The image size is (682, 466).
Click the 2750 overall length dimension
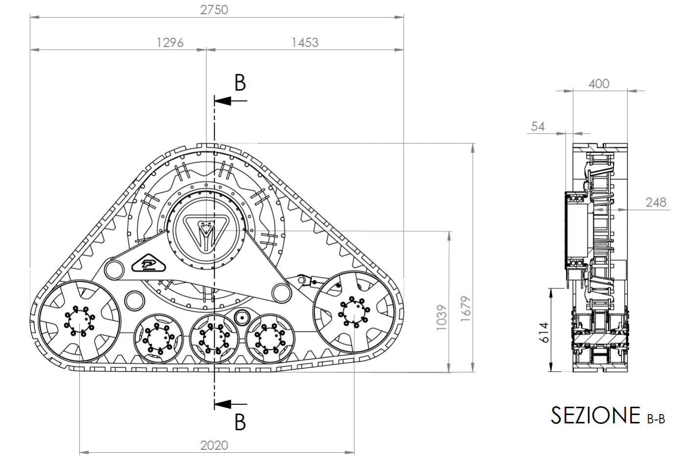(x=214, y=10)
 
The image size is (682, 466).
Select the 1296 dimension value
(x=170, y=43)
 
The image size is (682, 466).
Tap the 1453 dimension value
(x=305, y=43)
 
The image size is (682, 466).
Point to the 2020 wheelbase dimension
(x=214, y=445)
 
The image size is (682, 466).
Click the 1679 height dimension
(x=466, y=308)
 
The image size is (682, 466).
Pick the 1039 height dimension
(x=441, y=317)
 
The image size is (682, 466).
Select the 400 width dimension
(x=598, y=84)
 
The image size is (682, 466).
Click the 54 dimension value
(x=538, y=126)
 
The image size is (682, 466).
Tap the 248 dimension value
(x=656, y=203)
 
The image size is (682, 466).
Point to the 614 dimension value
(x=544, y=332)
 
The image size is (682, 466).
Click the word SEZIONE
(x=595, y=415)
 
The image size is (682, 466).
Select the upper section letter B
(x=240, y=83)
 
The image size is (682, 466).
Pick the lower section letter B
(x=240, y=422)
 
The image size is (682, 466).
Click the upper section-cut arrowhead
(x=223, y=101)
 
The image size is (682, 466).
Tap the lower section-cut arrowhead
(x=223, y=404)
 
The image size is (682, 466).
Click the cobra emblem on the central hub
(x=206, y=233)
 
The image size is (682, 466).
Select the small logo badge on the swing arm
(x=149, y=263)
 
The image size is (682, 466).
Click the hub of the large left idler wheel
(x=79, y=321)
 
